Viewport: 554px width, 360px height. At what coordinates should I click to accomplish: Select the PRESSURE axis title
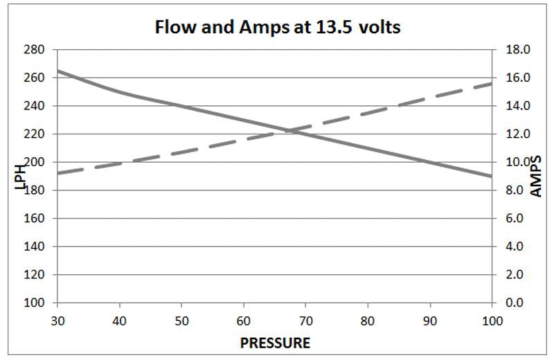pyautogui.click(x=275, y=343)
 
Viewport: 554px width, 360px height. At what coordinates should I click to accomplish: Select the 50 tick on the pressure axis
pyautogui.click(x=181, y=321)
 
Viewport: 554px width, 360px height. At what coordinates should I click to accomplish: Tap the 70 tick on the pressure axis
pyautogui.click(x=305, y=321)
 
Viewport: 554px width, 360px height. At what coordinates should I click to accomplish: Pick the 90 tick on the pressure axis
pyautogui.click(x=429, y=321)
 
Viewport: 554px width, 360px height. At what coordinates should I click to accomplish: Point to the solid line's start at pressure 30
pyautogui.click(x=57, y=71)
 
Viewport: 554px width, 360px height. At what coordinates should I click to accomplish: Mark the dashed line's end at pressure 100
pyautogui.click(x=491, y=84)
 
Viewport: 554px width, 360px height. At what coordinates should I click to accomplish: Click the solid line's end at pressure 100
pyautogui.click(x=491, y=176)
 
